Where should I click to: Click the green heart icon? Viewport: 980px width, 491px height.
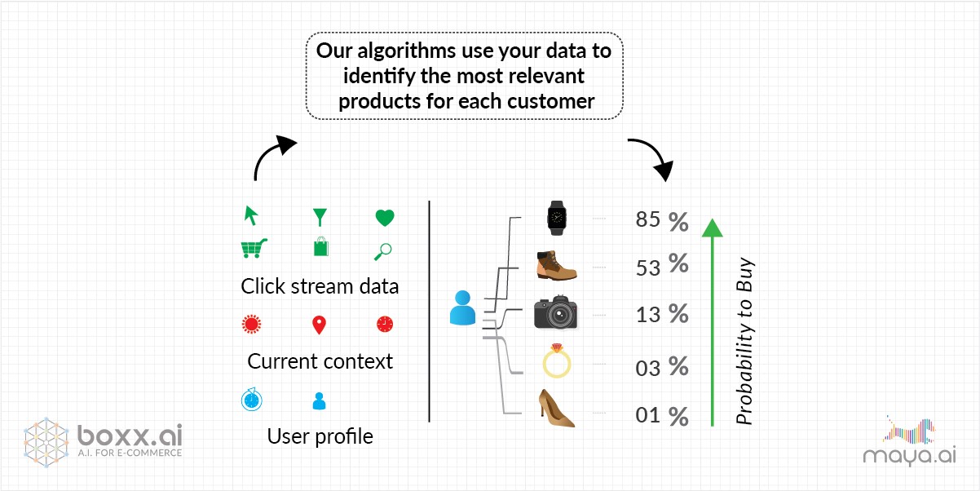(385, 218)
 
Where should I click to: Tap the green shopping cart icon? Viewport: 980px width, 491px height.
(254, 248)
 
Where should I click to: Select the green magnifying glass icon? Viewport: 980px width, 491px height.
(383, 251)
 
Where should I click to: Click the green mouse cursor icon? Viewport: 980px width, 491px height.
(251, 215)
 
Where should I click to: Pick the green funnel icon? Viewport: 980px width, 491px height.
(320, 217)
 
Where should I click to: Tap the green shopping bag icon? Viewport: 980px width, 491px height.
(321, 246)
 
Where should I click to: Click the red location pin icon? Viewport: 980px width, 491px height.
(319, 325)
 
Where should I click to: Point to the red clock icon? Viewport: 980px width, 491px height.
(385, 325)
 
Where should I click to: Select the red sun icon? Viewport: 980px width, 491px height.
(252, 325)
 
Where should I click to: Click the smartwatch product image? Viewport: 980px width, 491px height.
(557, 218)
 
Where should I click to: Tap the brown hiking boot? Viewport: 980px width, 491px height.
(557, 266)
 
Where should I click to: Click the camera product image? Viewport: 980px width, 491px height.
(555, 312)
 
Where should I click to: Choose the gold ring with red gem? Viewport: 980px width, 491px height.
(557, 361)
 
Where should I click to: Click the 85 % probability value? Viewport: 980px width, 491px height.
(662, 220)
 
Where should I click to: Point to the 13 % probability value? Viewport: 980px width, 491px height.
(662, 314)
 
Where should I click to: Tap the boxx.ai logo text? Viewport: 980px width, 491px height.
(130, 436)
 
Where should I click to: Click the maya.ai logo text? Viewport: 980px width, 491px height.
(910, 456)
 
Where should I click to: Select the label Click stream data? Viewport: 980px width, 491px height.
(320, 286)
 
